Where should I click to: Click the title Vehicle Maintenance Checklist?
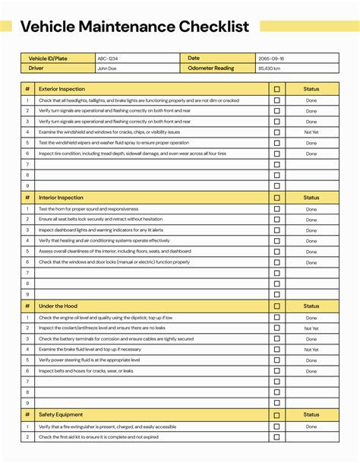pyautogui.click(x=134, y=27)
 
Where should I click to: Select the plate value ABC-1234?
pyautogui.click(x=107, y=58)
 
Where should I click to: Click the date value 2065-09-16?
pyautogui.click(x=271, y=58)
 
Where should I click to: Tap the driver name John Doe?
pyautogui.click(x=106, y=68)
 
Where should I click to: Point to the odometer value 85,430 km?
pyautogui.click(x=270, y=68)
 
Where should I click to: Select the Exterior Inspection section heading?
pyautogui.click(x=62, y=89)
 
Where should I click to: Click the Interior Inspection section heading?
pyautogui.click(x=61, y=198)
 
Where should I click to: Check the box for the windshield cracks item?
pyautogui.click(x=277, y=132)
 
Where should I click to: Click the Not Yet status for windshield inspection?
pyautogui.click(x=311, y=132)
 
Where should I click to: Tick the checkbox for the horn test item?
pyautogui.click(x=277, y=209)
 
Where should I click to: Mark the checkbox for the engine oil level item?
pyautogui.click(x=277, y=318)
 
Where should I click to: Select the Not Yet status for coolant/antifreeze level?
pyautogui.click(x=311, y=328)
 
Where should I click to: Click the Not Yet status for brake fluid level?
pyautogui.click(x=311, y=350)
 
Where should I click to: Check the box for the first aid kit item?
pyautogui.click(x=277, y=437)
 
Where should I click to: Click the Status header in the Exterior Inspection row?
pyautogui.click(x=311, y=89)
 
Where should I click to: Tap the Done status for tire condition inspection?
pyautogui.click(x=311, y=154)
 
